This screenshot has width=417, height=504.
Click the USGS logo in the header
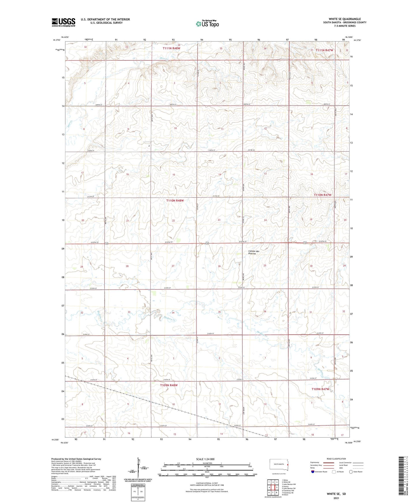[63, 22]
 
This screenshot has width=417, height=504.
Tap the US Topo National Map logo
[207, 23]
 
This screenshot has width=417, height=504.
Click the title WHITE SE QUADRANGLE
[345, 19]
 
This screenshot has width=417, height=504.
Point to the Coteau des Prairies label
[254, 252]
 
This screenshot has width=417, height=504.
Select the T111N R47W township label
[324, 50]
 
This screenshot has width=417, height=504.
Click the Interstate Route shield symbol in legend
[313, 472]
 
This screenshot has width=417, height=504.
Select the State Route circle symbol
[351, 472]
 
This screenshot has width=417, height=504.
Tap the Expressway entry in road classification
[315, 462]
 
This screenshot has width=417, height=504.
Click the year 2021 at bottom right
[336, 498]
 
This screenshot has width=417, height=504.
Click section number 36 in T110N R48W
[265, 311]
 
